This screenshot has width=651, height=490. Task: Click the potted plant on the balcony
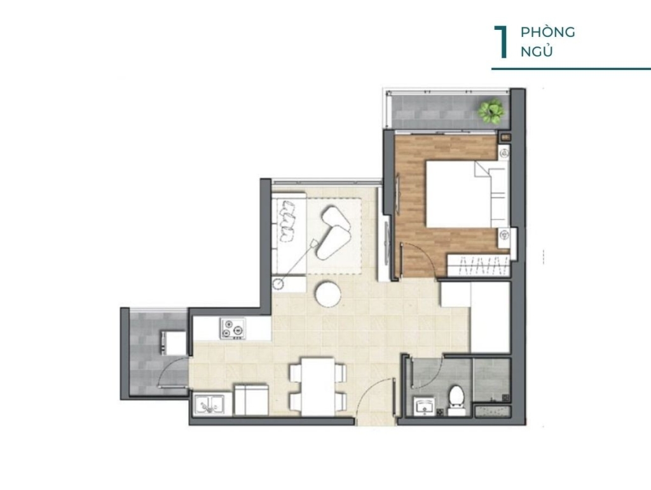coord(491,110)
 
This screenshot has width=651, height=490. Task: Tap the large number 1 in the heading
coord(502,43)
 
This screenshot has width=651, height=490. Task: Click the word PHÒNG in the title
coord(547,32)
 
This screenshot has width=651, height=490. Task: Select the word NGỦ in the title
coord(537,51)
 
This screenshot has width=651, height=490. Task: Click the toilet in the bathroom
coord(456,400)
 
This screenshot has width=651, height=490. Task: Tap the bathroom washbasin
coord(424,405)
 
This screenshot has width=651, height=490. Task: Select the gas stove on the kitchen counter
coord(233,329)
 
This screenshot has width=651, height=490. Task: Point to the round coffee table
coord(328,294)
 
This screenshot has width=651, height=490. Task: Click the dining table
coord(318,386)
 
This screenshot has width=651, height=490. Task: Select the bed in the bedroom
coord(467,194)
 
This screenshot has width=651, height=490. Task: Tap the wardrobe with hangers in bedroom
coord(478,265)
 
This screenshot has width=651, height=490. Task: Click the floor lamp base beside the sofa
coord(278,284)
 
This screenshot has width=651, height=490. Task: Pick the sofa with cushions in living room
coord(289,233)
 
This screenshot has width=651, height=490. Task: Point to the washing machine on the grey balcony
coord(173,343)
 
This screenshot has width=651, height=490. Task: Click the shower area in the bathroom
coord(491,380)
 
